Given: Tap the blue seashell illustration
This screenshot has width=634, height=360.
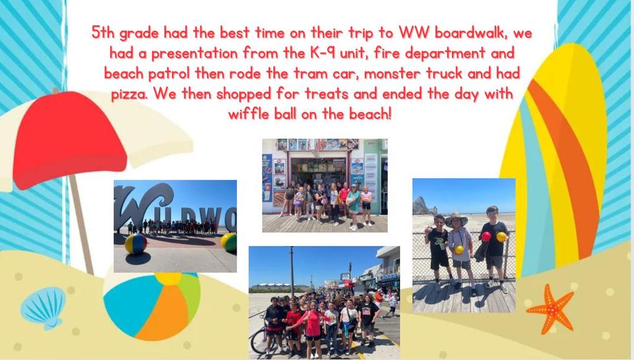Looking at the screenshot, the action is pyautogui.click(x=43, y=307).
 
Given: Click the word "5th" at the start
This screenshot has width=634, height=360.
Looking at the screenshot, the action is pyautogui.click(x=103, y=32).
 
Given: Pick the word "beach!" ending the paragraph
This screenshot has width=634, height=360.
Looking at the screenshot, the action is pyautogui.click(x=370, y=114).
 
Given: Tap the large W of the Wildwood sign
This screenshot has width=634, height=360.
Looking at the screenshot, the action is pyautogui.click(x=137, y=206).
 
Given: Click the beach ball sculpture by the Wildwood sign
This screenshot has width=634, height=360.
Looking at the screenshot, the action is pyautogui.click(x=136, y=244).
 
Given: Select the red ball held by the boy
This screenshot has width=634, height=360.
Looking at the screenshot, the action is pyautogui.click(x=486, y=236).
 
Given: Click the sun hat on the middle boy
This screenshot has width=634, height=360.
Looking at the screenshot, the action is pyautogui.click(x=456, y=219).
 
